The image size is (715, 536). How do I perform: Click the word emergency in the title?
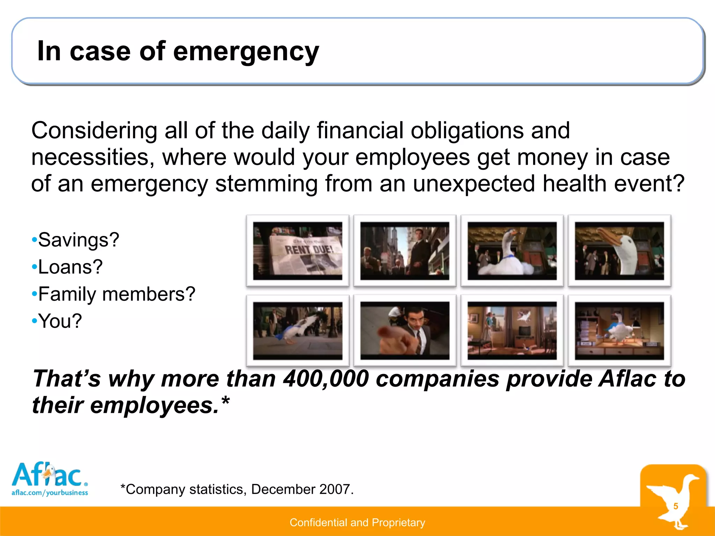[246, 52]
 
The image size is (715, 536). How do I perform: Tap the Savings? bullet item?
[79, 240]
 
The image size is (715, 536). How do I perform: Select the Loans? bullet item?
[70, 267]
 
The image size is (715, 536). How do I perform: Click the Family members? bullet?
[116, 294]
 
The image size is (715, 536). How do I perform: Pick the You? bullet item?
[60, 321]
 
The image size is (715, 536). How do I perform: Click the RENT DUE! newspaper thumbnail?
[297, 251]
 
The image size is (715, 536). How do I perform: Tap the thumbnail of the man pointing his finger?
[405, 331]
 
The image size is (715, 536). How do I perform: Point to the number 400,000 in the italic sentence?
[326, 379]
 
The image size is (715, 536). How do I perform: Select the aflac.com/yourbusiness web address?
[50, 493]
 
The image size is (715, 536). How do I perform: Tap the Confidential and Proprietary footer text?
[357, 522]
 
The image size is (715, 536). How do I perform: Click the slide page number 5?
[676, 506]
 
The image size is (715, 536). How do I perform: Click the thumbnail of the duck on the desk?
[619, 331]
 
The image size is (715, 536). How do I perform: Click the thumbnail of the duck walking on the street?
[297, 331]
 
